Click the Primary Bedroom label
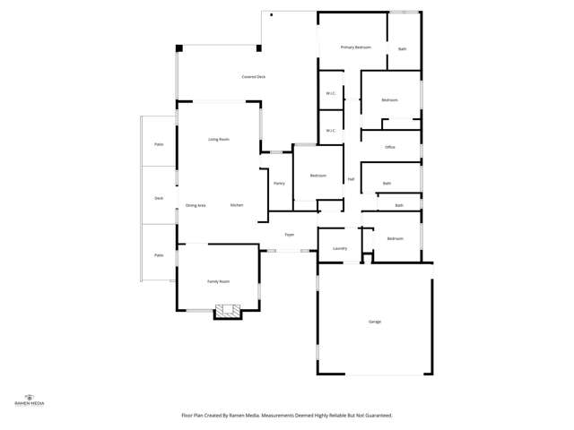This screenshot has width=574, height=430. click(x=355, y=47)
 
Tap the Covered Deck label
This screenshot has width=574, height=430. click(x=253, y=77)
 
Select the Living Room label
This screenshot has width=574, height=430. click(x=219, y=140)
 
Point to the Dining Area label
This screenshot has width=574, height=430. click(x=196, y=206)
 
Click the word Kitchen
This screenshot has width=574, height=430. click(x=237, y=205)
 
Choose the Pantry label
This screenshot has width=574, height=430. click(x=278, y=184)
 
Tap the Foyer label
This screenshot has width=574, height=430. click(x=290, y=235)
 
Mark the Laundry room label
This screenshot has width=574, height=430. click(x=340, y=248)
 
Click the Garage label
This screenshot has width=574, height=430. click(x=375, y=322)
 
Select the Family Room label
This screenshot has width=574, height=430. click(x=219, y=281)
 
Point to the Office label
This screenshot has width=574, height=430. click(x=390, y=147)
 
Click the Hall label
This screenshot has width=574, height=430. click(x=351, y=179)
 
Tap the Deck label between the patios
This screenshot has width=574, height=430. click(x=159, y=198)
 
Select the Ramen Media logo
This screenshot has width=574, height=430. click(x=30, y=400)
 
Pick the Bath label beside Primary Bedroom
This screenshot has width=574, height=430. click(x=403, y=49)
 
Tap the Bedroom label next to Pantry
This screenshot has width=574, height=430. click(x=318, y=176)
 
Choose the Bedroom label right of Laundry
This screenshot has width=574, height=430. click(x=396, y=238)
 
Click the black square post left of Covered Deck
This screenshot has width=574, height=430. click(x=180, y=48)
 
